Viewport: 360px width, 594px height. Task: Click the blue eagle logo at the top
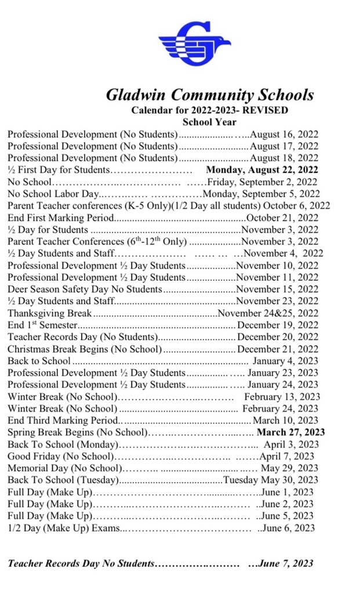[194, 44]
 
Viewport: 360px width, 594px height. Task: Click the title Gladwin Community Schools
[209, 95]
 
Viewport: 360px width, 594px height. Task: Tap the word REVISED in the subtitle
[266, 110]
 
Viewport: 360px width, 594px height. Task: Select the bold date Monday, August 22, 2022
[262, 170]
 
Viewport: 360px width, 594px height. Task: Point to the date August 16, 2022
[283, 134]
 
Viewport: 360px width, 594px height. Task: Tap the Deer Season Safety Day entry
[85, 289]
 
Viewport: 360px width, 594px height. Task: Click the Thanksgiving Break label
[50, 313]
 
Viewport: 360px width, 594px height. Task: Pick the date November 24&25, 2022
[268, 313]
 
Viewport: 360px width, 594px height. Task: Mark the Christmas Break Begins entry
[85, 349]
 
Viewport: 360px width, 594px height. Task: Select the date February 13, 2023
[281, 397]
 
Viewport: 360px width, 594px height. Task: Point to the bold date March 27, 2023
[290, 433]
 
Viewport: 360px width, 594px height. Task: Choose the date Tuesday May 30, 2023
[271, 480]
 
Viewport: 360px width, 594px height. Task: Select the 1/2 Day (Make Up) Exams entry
[63, 528]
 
